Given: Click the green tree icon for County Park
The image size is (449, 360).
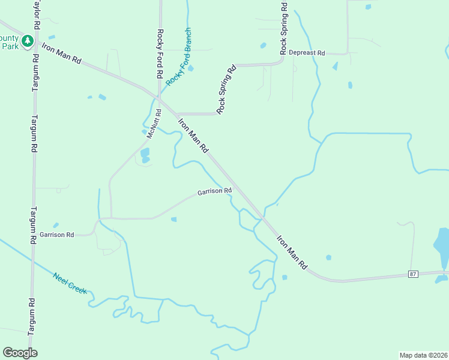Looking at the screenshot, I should tap(26, 40).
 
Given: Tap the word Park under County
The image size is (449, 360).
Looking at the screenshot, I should tap(10, 46).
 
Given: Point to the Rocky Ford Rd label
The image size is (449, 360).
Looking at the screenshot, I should tap(160, 54).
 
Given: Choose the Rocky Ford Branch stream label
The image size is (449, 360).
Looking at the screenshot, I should tap(179, 56).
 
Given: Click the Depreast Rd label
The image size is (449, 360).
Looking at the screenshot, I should tap(306, 53).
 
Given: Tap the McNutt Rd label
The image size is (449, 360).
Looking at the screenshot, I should tap(154, 124).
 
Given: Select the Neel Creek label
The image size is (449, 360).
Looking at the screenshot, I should tap(70, 283).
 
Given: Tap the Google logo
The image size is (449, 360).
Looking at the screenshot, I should tap(20, 353).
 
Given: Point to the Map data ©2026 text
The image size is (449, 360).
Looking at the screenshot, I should tap(423, 355).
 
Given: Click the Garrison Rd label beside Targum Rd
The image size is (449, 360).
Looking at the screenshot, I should tap(57, 235).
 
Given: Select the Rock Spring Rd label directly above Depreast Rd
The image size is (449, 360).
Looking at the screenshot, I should tap(285, 28).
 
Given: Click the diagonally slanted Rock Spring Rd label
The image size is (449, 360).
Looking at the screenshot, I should tap(227, 89).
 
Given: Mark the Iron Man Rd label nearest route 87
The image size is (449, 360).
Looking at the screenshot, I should tap(292, 251).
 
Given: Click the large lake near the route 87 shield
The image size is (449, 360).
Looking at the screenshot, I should tap(442, 246).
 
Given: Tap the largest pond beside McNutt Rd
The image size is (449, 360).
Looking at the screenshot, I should tap(145, 155).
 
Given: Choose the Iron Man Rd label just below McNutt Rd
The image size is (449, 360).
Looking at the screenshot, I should tap(193, 134).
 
